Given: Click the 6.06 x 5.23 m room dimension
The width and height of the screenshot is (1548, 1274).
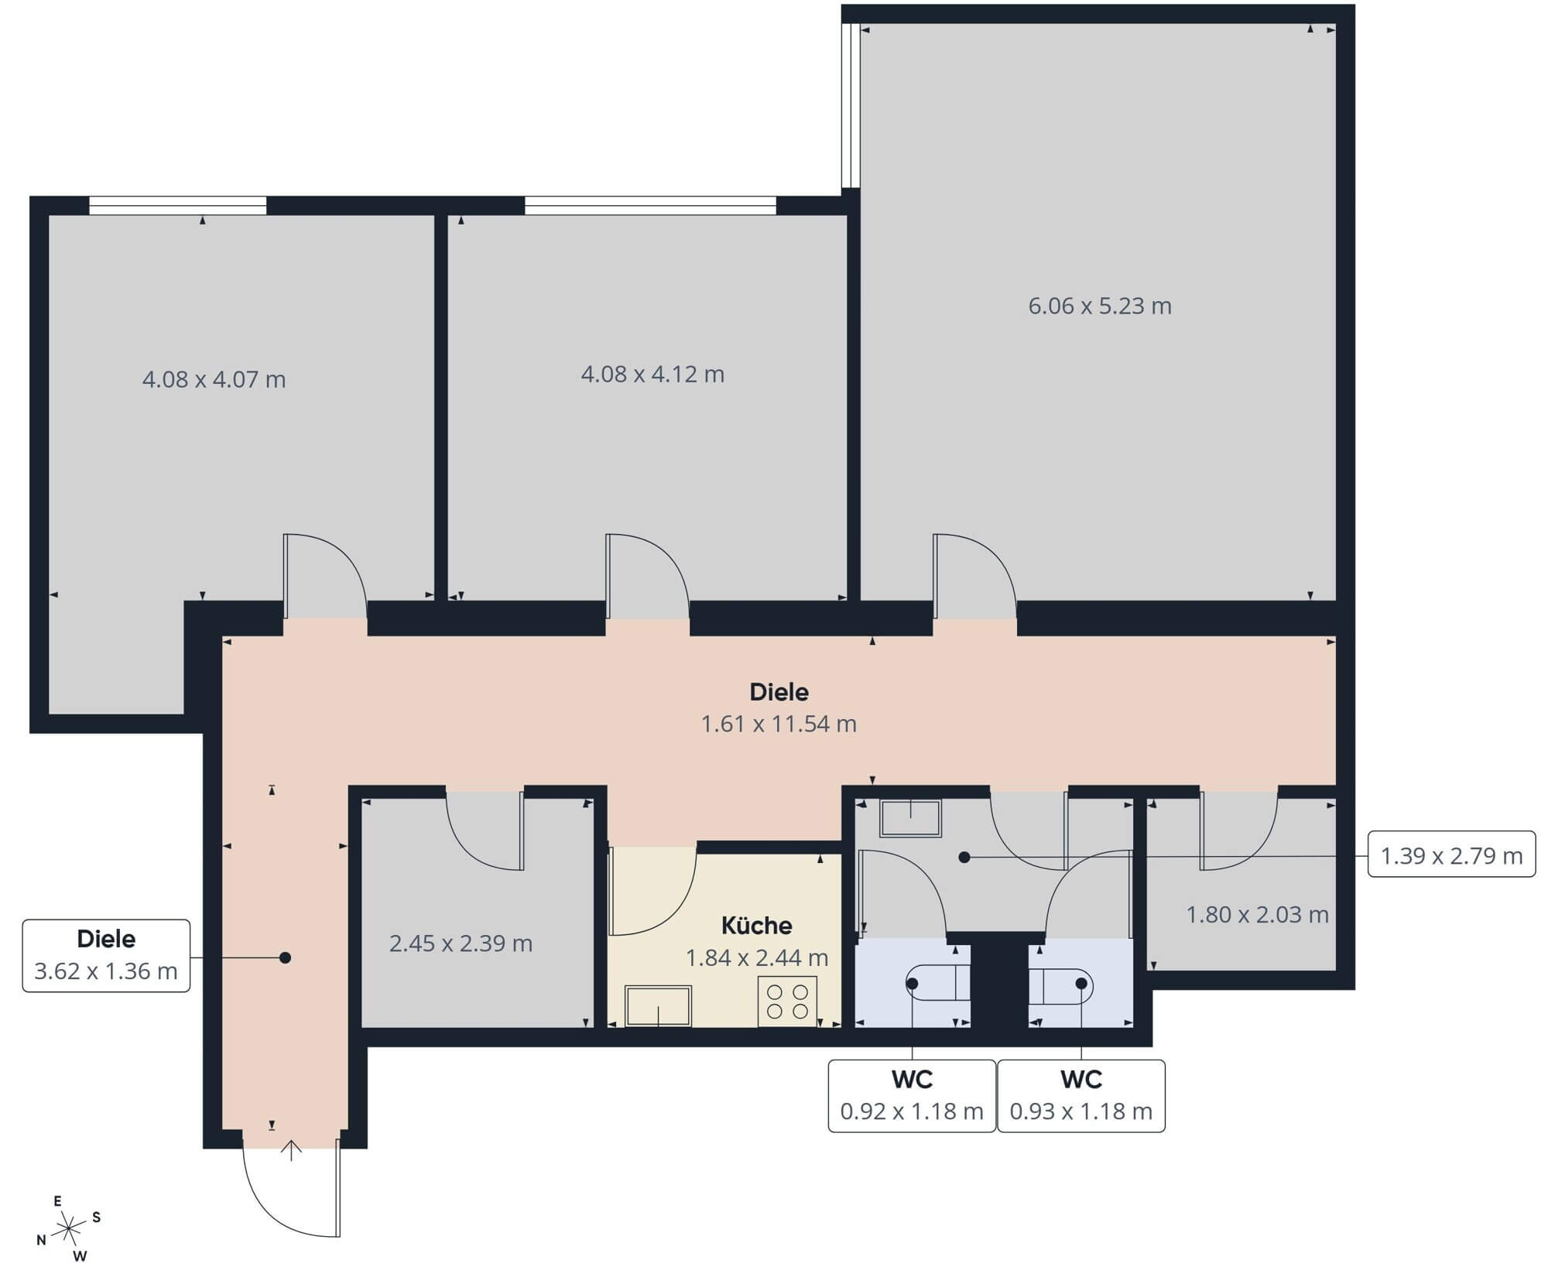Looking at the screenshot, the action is point(1099,307).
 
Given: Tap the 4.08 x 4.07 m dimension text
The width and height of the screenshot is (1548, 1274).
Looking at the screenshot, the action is point(214,380).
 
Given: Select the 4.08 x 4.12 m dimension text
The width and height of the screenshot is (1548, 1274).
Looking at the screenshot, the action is point(652,375).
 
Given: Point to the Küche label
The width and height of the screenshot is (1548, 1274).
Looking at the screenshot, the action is point(756,926).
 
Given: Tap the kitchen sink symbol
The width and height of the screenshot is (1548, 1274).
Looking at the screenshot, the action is point(658,1006).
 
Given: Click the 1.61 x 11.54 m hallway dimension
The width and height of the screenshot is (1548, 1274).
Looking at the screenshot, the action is point(779,724).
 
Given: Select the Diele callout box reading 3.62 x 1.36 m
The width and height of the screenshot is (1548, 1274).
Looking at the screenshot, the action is point(106,956).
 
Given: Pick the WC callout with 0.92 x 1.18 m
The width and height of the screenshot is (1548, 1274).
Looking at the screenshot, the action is point(912,1096).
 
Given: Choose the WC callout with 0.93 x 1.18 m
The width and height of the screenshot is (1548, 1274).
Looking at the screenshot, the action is point(1081,1096).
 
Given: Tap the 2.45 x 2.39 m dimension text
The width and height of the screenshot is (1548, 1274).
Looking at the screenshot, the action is point(461,944).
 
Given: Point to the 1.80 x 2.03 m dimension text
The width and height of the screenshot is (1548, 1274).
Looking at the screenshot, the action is point(1257,915).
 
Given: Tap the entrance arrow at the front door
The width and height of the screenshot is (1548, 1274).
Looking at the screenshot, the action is point(291,1150).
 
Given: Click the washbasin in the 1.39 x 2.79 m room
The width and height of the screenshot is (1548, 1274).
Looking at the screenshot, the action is point(911,818).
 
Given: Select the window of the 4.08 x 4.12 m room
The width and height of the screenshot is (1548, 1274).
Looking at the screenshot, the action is point(650,205).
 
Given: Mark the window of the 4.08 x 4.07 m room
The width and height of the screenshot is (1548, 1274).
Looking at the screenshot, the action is point(178,205).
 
